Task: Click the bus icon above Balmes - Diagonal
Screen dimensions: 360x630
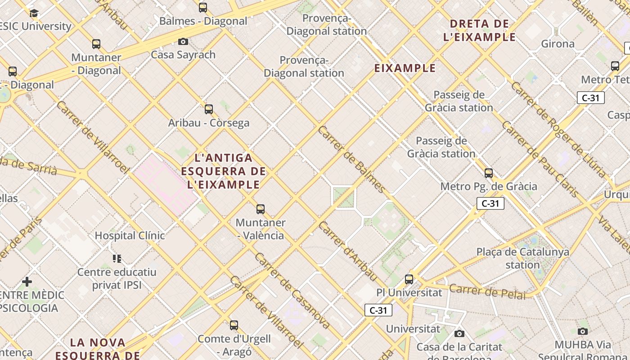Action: pos(203,7)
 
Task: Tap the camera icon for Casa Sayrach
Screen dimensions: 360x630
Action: pos(183,42)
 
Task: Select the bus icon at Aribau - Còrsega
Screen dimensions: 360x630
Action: pos(209,109)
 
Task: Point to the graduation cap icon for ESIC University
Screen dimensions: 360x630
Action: pos(34,13)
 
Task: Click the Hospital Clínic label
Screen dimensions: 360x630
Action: pos(130,235)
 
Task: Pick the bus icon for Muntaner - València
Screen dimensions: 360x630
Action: pos(261,209)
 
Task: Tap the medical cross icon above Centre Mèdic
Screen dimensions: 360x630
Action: pos(27,282)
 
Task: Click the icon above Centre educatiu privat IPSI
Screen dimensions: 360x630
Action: pos(117,259)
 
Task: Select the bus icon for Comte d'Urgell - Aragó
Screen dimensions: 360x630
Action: pos(234,325)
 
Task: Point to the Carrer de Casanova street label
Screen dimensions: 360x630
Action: pos(292,291)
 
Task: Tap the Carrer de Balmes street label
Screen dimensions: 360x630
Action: pos(351,158)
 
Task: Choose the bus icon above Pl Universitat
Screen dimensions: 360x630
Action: pos(409,279)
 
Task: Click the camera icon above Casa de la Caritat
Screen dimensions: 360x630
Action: pos(459,333)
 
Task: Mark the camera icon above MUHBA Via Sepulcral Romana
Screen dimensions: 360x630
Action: pos(583,332)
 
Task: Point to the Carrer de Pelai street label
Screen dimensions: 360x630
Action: pos(488,292)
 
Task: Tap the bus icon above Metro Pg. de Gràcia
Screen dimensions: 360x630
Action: pos(489,173)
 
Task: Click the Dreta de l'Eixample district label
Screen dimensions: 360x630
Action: pos(480,30)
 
